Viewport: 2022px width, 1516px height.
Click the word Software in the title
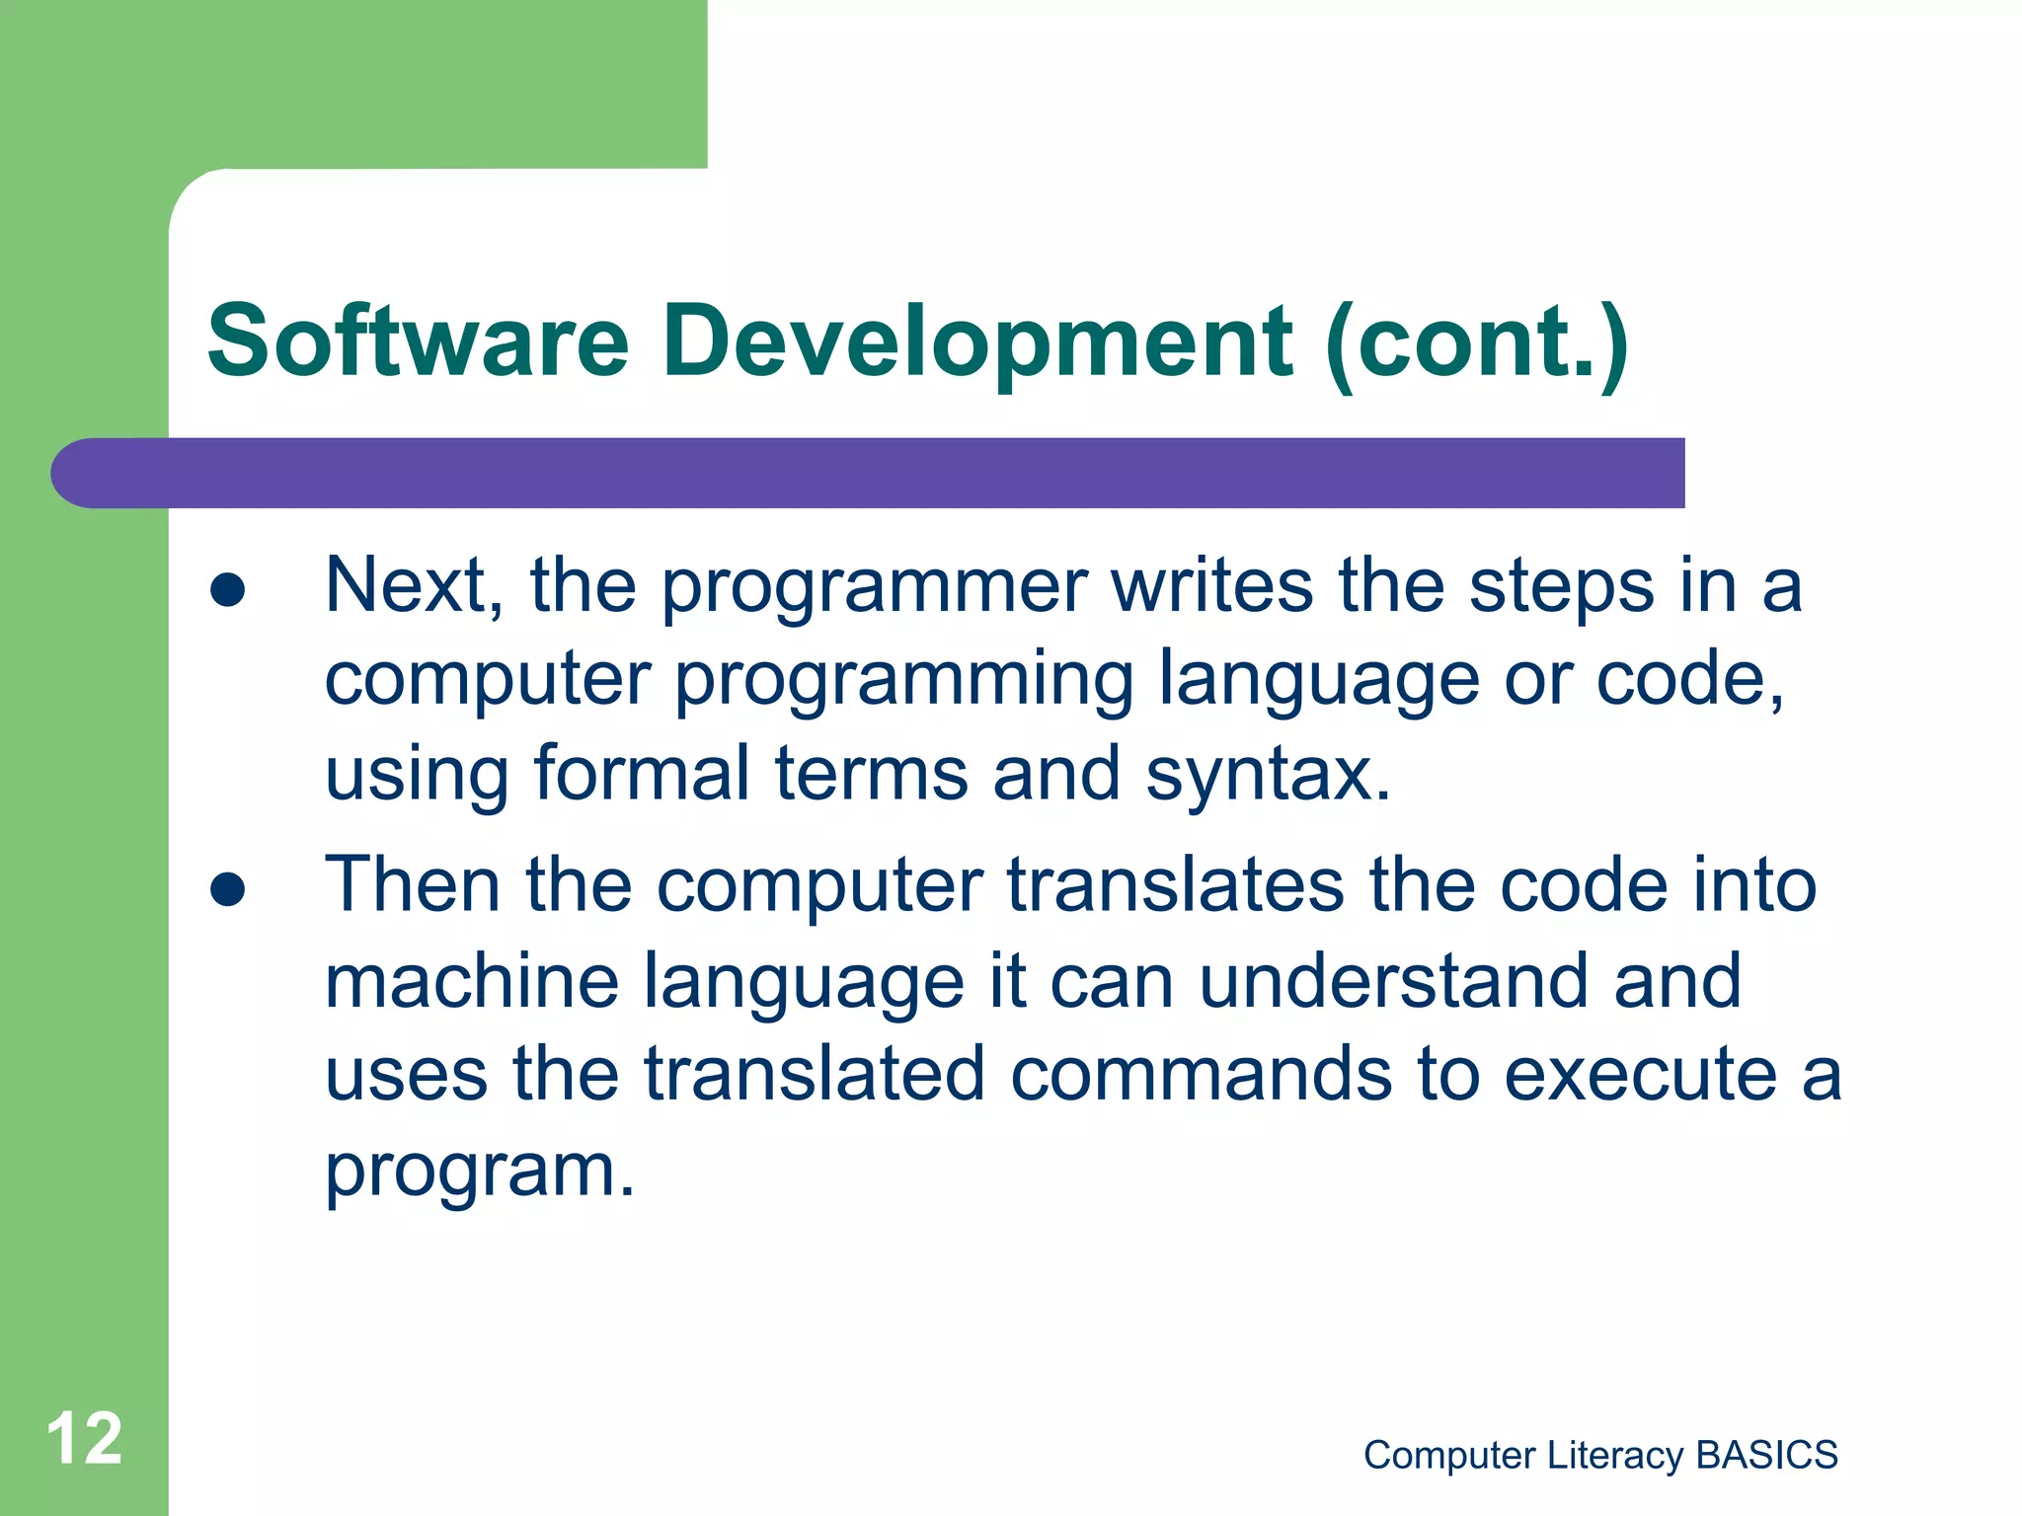418,341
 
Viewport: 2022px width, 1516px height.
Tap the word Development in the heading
976,341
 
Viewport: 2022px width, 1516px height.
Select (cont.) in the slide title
1476,341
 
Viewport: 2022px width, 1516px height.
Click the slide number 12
84,1439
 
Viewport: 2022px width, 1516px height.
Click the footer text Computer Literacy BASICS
1599,1455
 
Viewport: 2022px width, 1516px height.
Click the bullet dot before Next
228,589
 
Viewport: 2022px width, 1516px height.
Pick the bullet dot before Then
228,889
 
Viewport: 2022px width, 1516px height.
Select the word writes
1212,586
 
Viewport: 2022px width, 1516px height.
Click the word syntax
1268,776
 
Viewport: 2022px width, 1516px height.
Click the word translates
1175,884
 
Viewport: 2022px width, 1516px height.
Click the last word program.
479,1173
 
